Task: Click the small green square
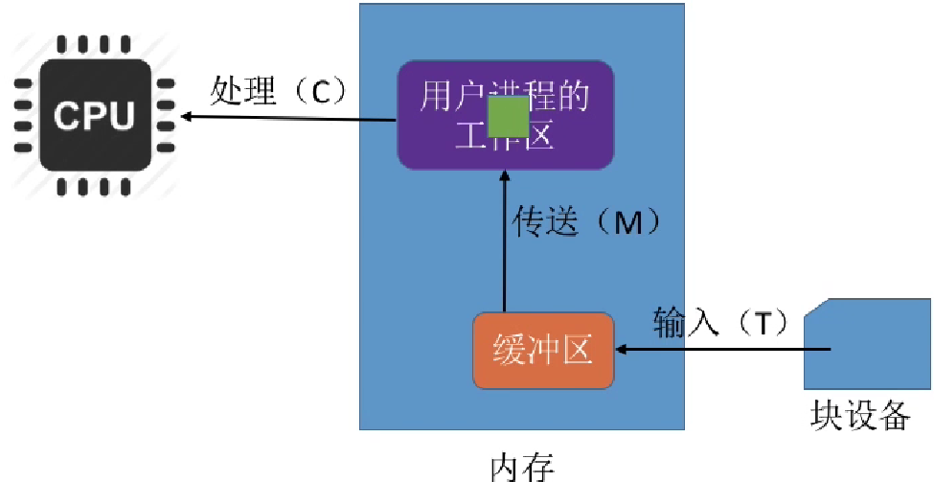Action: pyautogui.click(x=508, y=117)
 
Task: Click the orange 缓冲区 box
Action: pyautogui.click(x=542, y=351)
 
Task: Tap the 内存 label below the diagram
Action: pyautogui.click(x=522, y=468)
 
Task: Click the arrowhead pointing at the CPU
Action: pyautogui.click(x=187, y=116)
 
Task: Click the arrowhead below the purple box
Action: pyautogui.click(x=504, y=176)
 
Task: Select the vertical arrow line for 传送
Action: pyautogui.click(x=504, y=249)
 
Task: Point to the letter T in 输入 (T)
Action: pyautogui.click(x=762, y=323)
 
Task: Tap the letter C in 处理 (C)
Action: pyautogui.click(x=320, y=93)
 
